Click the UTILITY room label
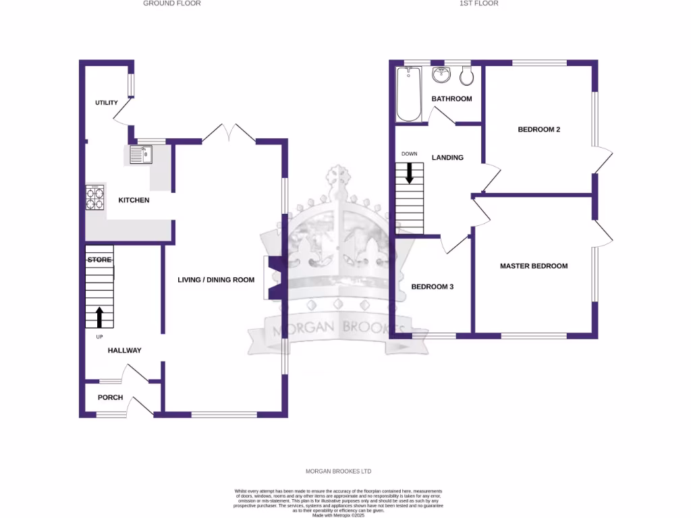tap(107, 103)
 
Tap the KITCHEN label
tap(134, 200)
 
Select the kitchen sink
tap(142, 155)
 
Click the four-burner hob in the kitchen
tap(95, 197)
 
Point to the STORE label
tap(99, 260)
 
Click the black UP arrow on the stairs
tap(99, 316)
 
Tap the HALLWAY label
tap(125, 350)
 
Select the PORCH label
tap(110, 397)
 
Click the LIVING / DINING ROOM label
tap(216, 279)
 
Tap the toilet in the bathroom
tap(466, 77)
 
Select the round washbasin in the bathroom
tap(443, 75)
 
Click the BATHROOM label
tap(451, 99)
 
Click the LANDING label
tap(447, 158)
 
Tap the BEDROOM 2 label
tap(539, 129)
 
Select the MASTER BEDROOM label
tap(534, 266)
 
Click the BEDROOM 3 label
tap(433, 287)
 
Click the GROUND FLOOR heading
tap(171, 3)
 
